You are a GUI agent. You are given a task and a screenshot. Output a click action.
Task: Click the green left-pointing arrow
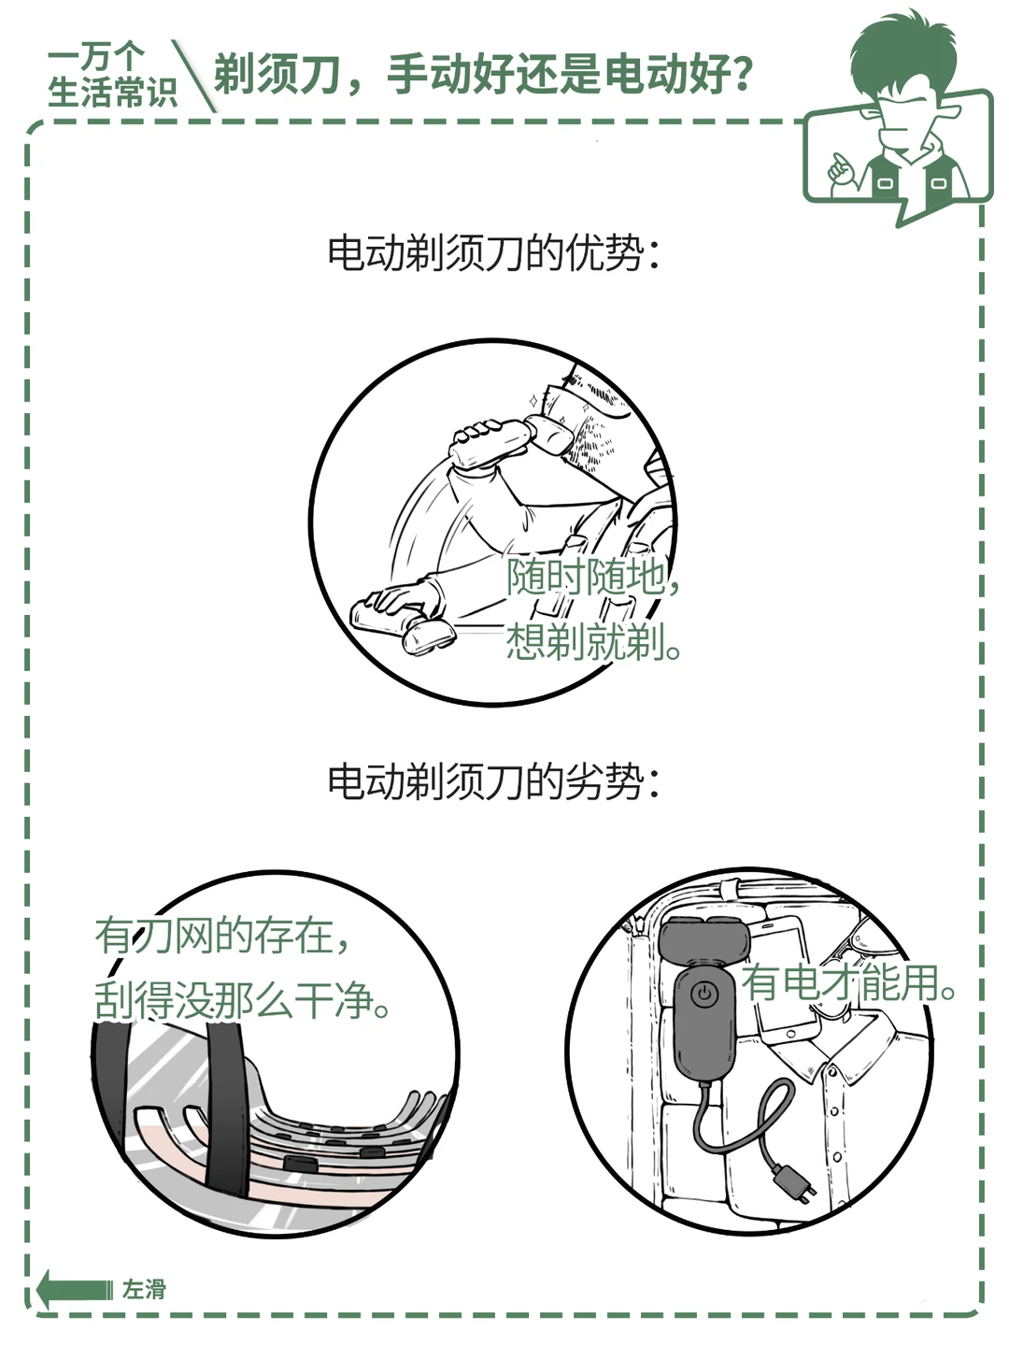75,1289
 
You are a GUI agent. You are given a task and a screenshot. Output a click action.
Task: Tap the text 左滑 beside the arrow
144,1290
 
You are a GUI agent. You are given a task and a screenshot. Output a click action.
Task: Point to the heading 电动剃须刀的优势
493,253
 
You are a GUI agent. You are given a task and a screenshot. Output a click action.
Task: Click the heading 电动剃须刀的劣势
493,781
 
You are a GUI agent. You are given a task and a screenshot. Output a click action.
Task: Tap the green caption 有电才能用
848,982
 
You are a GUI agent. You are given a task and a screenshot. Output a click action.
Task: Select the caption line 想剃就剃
593,641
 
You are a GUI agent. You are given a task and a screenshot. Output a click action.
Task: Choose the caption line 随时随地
592,576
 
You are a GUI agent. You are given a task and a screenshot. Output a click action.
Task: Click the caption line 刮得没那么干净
243,1001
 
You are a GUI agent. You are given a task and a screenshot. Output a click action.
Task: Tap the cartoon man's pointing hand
841,167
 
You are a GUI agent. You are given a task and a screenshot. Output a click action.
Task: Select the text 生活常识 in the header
113,92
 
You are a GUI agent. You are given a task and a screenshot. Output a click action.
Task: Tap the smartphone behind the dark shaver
786,979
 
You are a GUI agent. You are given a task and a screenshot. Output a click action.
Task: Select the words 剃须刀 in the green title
277,74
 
